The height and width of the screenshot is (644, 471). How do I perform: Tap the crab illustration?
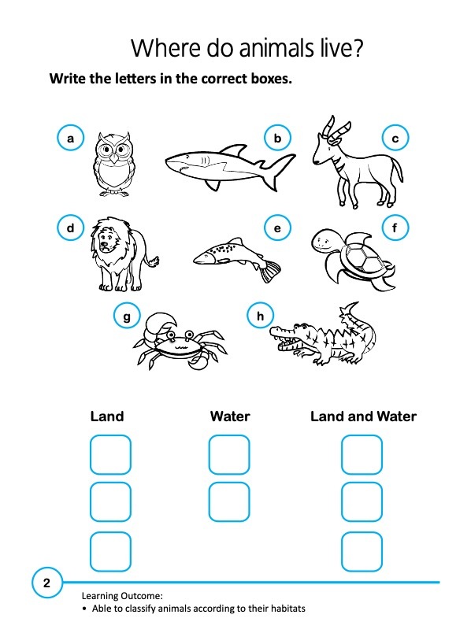click(x=178, y=342)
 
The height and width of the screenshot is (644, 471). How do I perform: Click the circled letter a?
click(x=70, y=139)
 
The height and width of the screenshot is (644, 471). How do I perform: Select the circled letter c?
click(x=395, y=139)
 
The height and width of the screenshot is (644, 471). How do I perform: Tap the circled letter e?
click(x=277, y=229)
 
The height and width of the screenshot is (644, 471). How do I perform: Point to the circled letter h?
click(x=261, y=316)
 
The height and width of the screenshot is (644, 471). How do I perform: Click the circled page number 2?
click(x=46, y=583)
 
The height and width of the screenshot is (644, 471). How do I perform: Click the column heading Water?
click(x=229, y=416)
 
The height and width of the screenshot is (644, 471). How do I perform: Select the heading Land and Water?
click(x=363, y=416)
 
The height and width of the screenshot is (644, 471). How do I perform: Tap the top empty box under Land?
click(x=110, y=454)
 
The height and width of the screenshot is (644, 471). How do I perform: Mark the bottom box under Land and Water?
click(x=362, y=551)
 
